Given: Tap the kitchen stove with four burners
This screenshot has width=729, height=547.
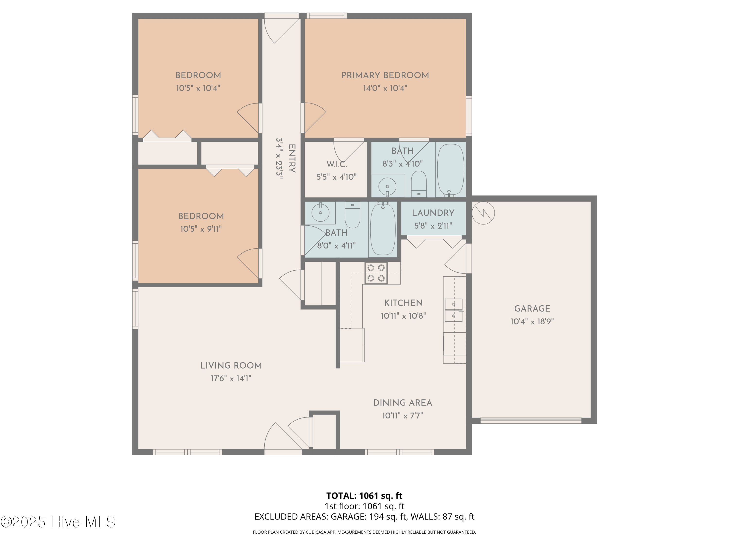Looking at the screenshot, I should (376, 273).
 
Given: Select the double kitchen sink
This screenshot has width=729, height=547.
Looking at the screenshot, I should (454, 310).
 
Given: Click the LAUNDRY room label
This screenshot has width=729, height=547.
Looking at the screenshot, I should (433, 213).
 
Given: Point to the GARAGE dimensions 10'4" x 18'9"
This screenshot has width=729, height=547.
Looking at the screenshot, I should (532, 321).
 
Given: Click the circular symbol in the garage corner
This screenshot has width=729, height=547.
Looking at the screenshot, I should (483, 213).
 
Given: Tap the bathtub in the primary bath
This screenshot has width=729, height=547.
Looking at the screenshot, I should (451, 169).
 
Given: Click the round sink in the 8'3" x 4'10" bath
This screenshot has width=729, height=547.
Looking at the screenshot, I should (387, 187).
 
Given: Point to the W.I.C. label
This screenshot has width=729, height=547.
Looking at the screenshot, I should (337, 164).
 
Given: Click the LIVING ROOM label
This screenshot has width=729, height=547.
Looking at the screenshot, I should (231, 366).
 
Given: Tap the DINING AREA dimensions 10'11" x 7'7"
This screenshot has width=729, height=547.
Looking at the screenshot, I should (402, 415).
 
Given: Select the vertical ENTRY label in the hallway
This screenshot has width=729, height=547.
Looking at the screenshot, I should (292, 158).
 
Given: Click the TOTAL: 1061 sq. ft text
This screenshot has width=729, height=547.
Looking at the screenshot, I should (364, 495).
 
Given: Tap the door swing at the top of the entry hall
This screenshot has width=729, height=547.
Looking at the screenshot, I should (282, 31).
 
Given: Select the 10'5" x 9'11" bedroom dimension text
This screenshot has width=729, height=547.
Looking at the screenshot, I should (201, 229).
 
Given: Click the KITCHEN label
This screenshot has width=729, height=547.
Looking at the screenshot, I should (403, 303).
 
